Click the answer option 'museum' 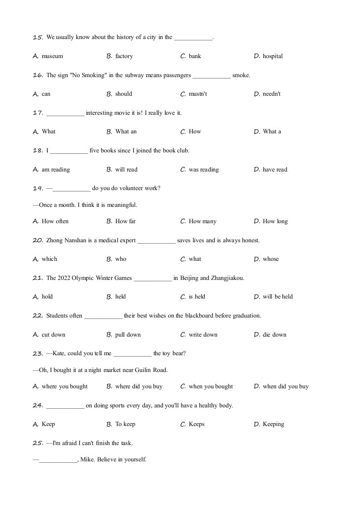point(52,56)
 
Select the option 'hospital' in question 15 point(272,56)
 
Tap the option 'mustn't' point(198,94)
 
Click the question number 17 point(38,113)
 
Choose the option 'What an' point(126,132)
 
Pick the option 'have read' point(275,170)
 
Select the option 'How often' point(55,221)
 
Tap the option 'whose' point(271,259)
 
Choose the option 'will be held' point(277,297)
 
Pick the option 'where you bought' point(64,387)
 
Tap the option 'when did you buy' point(286,387)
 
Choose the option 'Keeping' point(273,424)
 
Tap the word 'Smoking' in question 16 point(94,75)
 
